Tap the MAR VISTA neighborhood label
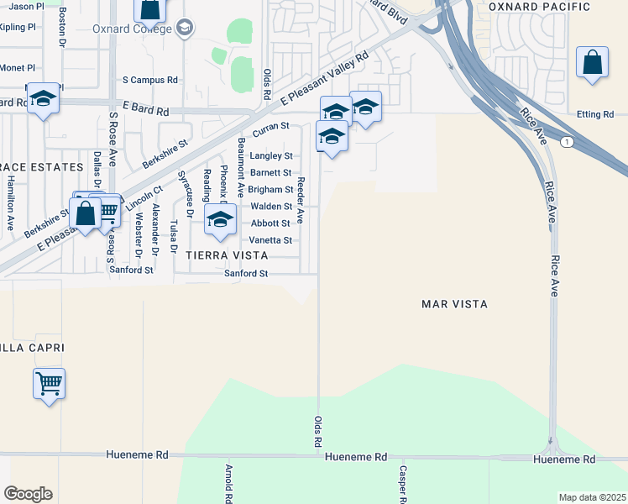coord(454,304)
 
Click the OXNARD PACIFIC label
coord(552,8)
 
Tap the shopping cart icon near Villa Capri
coord(50,384)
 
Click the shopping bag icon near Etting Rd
coord(592,64)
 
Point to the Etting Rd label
coord(597,115)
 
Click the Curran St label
coord(271,126)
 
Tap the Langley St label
coord(271,156)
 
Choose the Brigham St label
coord(270,190)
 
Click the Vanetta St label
coord(270,240)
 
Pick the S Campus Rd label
coord(150,81)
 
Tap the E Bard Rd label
coord(146,111)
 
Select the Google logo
coord(28,493)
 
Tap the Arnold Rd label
coord(228,484)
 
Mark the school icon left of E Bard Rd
coord(43,99)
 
